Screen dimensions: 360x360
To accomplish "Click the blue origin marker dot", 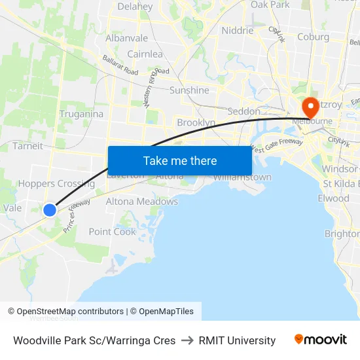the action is [50, 210].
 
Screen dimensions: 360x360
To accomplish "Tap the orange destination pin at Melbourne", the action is [309, 106].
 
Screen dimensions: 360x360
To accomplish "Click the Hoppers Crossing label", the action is [56, 184].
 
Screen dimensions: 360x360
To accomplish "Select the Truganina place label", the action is [81, 114].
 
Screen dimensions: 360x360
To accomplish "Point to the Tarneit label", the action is [27, 146].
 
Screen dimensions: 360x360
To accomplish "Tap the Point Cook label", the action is [112, 232].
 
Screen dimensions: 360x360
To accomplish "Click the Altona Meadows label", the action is [141, 202].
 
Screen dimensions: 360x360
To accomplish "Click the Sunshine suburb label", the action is [189, 90].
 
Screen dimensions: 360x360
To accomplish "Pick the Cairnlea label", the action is [145, 54].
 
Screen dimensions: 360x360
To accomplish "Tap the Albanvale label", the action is [126, 39].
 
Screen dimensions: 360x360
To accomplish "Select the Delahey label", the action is [135, 7].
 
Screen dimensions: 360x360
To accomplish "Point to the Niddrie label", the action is [237, 31].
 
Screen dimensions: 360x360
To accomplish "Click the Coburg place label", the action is [313, 37].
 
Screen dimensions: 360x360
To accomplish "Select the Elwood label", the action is [333, 198].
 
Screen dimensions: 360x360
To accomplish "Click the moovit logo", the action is [320, 340].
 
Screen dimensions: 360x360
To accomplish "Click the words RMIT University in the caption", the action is [237, 340].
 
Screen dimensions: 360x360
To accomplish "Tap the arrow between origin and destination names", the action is [187, 340].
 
